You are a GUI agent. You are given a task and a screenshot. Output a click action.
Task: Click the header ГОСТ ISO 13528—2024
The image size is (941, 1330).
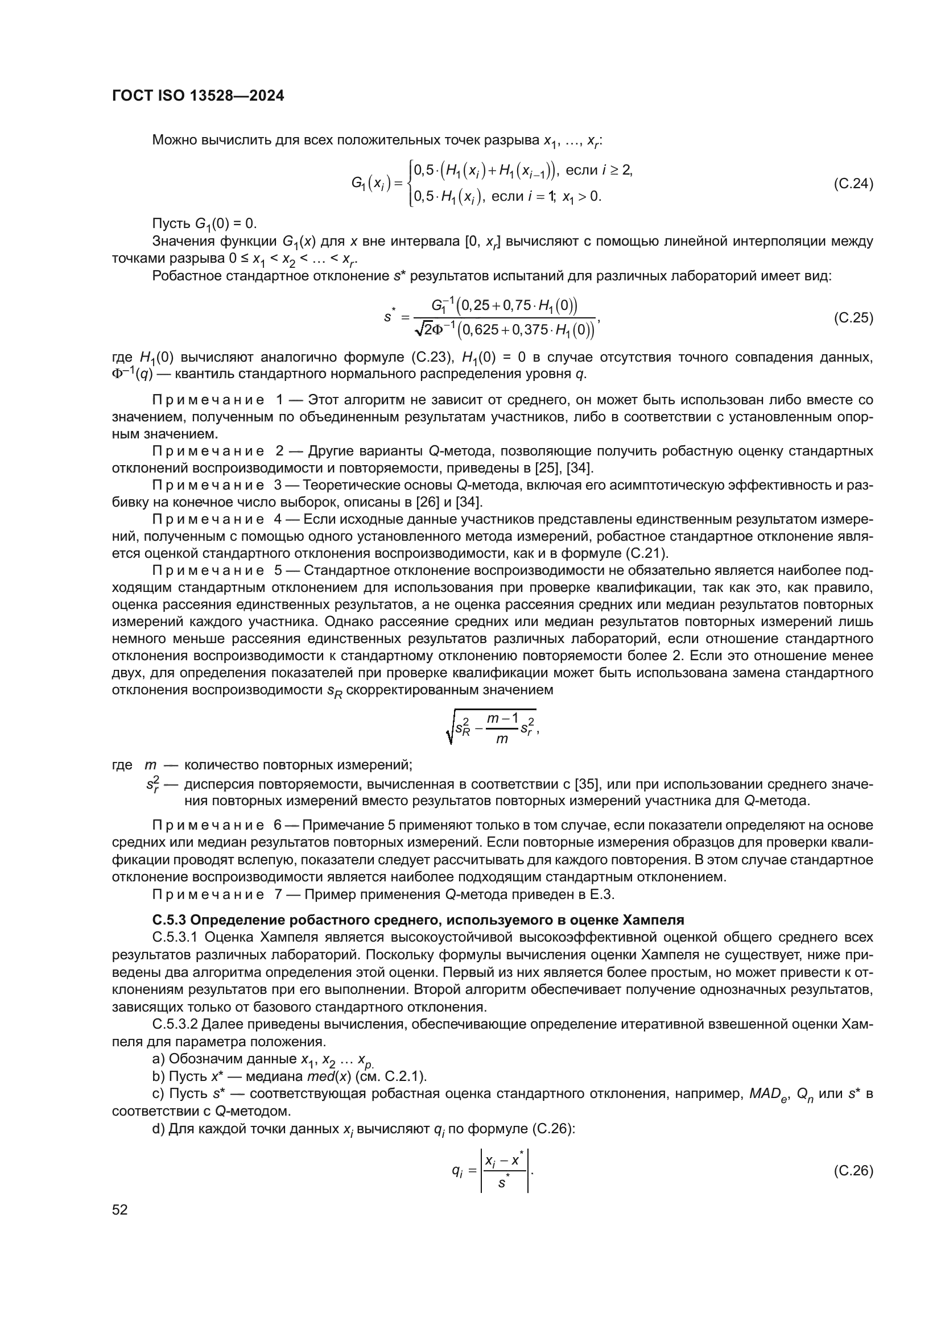[x=197, y=96]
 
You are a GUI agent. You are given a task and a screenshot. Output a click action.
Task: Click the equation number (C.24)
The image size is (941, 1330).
[x=853, y=184]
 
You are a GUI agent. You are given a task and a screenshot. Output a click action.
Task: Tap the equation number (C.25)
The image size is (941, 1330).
[x=853, y=317]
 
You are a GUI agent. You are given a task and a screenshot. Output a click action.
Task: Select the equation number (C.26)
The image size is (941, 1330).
[x=853, y=1171]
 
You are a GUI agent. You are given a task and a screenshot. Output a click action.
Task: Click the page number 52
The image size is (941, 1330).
[x=120, y=1209]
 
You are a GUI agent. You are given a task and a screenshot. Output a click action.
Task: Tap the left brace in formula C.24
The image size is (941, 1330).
[x=410, y=184]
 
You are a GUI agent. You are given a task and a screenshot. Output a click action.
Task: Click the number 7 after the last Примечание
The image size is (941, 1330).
[x=278, y=894]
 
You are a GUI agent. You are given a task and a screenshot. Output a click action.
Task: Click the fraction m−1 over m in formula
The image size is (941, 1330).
[x=502, y=729]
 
